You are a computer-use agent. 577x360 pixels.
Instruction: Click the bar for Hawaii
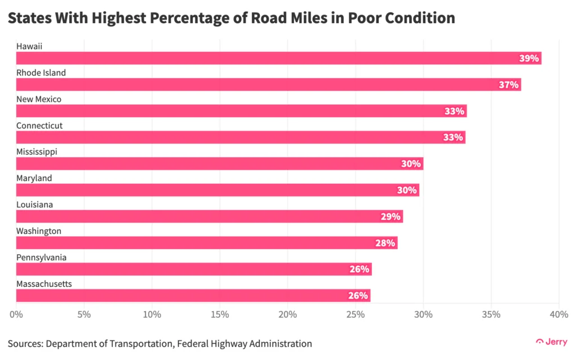coord(278,58)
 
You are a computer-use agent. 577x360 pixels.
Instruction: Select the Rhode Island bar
coord(268,85)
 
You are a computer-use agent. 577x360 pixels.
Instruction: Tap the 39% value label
coord(529,58)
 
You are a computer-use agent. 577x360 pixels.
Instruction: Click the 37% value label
coord(509,85)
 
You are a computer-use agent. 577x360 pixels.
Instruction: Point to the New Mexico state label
coord(39,99)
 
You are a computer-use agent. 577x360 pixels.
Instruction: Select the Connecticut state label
coord(39,126)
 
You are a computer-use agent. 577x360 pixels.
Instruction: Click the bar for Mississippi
coord(219,164)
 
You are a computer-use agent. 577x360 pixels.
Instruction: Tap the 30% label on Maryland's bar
coord(406,190)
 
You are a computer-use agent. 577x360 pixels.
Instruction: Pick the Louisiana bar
coord(209,216)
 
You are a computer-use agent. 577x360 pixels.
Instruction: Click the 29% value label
coord(390,216)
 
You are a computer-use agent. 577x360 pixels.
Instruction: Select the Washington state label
coord(39,231)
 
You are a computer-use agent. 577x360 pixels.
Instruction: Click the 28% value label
coord(385,243)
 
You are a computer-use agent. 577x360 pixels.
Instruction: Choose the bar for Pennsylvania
coord(194,269)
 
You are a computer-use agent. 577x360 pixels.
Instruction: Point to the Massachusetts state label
coord(44,284)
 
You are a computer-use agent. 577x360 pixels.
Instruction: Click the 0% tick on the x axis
coord(16,314)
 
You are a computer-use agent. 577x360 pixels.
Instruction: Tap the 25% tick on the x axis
coord(356,314)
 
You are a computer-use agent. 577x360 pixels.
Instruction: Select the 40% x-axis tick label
coord(558,314)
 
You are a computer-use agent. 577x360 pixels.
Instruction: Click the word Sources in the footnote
coord(25,343)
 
